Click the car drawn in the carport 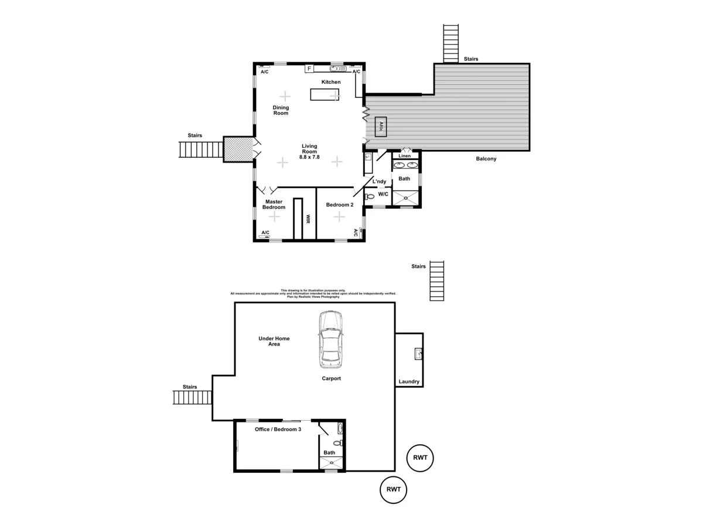[x=330, y=339]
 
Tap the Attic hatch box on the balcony [x=381, y=126]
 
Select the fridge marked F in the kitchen [x=309, y=69]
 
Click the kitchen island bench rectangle [x=325, y=94]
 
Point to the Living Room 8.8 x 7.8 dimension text [x=309, y=157]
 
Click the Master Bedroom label [x=274, y=204]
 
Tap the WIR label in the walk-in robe [x=307, y=219]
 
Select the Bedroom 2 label [x=340, y=205]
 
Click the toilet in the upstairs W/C [x=369, y=197]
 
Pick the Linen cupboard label [x=404, y=156]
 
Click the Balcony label [x=486, y=159]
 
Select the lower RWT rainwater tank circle [x=394, y=489]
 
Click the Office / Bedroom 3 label [x=278, y=429]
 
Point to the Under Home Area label [x=274, y=341]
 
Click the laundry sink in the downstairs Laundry [x=419, y=353]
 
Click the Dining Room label [x=281, y=110]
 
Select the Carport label [x=331, y=378]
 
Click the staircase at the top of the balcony [x=451, y=43]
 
